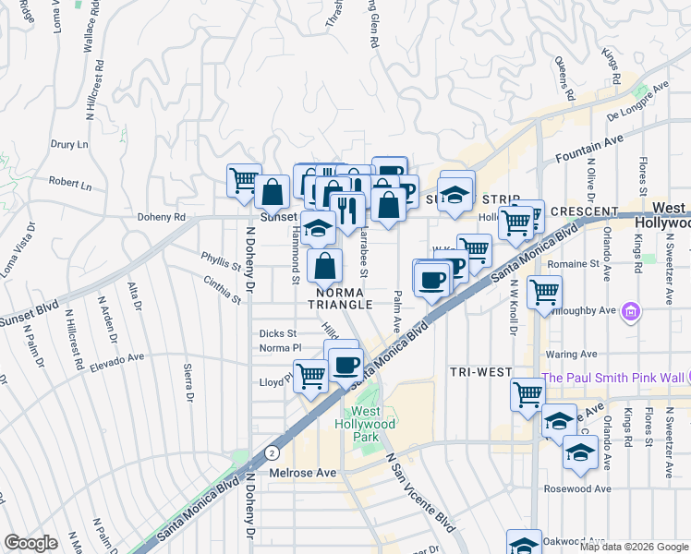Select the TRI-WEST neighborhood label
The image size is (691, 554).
(480, 372)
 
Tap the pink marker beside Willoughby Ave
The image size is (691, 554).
(632, 312)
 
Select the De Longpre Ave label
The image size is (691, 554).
(637, 102)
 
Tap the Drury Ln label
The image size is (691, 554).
(69, 145)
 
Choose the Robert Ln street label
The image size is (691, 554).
(71, 185)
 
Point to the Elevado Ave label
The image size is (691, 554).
(117, 359)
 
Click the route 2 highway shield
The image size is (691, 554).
(272, 453)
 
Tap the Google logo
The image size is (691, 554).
(30, 543)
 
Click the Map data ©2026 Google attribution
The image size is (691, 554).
(633, 547)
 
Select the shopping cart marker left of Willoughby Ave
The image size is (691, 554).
(544, 293)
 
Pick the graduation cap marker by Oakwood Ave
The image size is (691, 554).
(524, 543)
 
